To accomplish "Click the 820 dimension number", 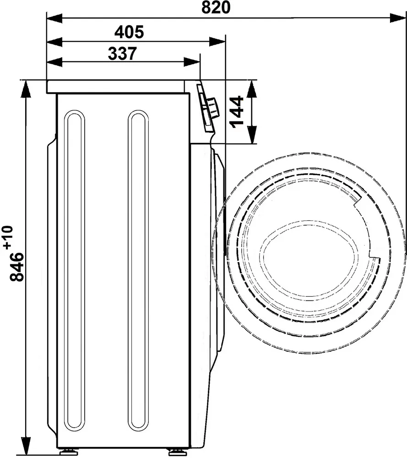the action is click(x=216, y=8).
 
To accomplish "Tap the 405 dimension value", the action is click(x=129, y=32).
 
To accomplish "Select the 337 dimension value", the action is click(x=122, y=53).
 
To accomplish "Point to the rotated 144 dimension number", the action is click(x=237, y=112).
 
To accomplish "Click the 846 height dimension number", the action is click(x=16, y=267).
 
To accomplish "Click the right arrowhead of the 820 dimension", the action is click(x=398, y=18).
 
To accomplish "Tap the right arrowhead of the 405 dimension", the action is click(x=217, y=42).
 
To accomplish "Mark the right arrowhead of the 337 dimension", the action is click(x=192, y=62).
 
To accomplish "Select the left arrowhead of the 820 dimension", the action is click(x=54, y=18).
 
